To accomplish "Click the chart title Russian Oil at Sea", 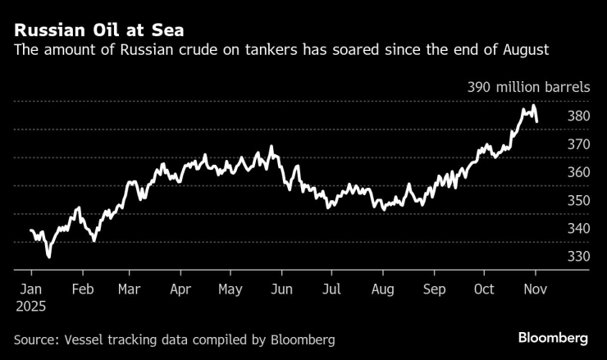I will (98, 31).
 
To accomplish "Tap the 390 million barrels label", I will (528, 88).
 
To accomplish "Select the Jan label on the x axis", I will (31, 289).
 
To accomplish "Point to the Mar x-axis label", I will (129, 289).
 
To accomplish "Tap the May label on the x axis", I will (230, 289).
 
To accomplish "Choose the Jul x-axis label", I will (332, 289).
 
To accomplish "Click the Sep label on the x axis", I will (434, 289).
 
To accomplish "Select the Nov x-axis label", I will (535, 289).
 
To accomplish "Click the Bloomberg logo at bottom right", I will (553, 338).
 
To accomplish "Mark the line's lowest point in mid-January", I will (48, 257).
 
